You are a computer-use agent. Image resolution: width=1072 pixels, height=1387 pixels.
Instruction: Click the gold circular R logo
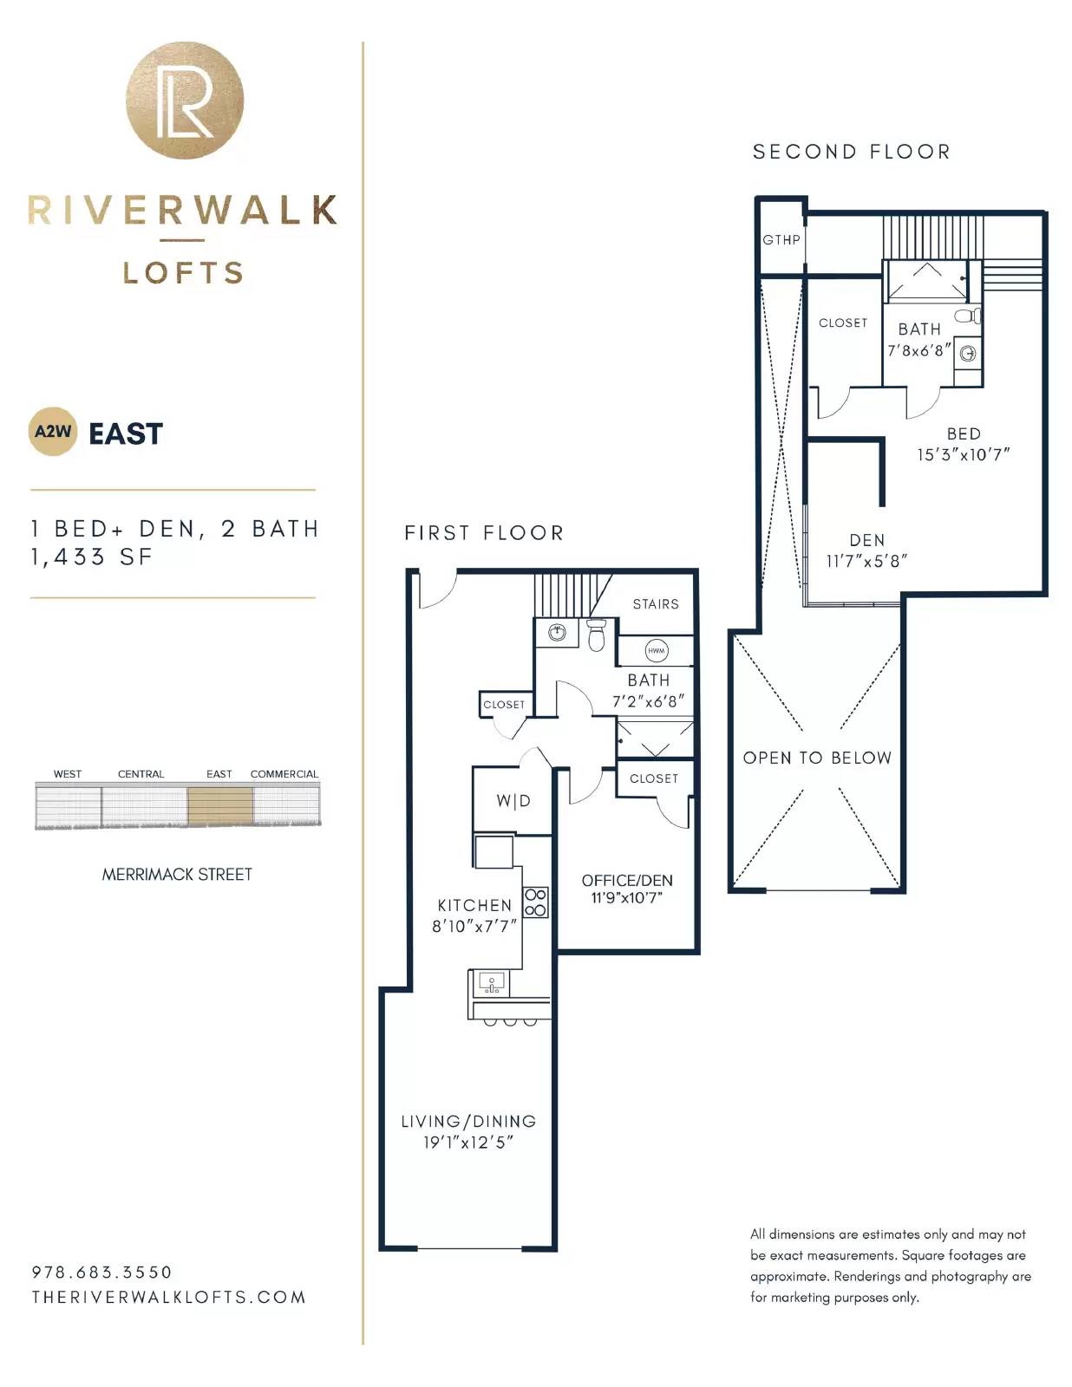pyautogui.click(x=185, y=101)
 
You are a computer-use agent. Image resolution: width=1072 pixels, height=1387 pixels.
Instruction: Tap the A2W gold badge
pyautogui.click(x=53, y=432)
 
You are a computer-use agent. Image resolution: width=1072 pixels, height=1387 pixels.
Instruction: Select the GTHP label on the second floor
pyautogui.click(x=781, y=240)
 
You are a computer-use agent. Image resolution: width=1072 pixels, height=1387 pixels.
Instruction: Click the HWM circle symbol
pyautogui.click(x=656, y=650)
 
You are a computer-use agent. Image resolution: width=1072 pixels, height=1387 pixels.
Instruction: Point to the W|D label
pyautogui.click(x=513, y=801)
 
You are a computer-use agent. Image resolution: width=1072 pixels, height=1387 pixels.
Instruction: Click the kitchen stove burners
pyautogui.click(x=535, y=902)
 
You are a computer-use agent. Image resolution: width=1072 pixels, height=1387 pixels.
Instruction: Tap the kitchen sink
pyautogui.click(x=491, y=984)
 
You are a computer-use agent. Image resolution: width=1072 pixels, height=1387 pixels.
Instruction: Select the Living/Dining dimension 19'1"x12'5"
pyautogui.click(x=468, y=1143)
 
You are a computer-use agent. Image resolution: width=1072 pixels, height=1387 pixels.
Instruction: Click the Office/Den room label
pyautogui.click(x=627, y=881)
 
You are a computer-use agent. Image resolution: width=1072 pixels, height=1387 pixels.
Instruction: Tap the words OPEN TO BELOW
pyautogui.click(x=817, y=758)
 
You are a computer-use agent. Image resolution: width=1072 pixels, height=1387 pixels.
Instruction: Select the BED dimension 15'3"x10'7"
pyautogui.click(x=964, y=454)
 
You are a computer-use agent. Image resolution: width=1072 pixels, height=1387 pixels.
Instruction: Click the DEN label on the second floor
pyautogui.click(x=867, y=540)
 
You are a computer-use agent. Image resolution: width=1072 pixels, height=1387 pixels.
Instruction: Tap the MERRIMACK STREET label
pyautogui.click(x=177, y=875)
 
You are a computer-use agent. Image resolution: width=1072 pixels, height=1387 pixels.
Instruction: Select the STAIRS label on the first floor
pyautogui.click(x=656, y=604)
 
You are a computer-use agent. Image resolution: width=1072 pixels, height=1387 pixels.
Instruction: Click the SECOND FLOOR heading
pyautogui.click(x=852, y=152)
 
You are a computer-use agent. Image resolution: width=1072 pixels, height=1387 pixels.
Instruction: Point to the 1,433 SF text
pyautogui.click(x=92, y=557)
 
